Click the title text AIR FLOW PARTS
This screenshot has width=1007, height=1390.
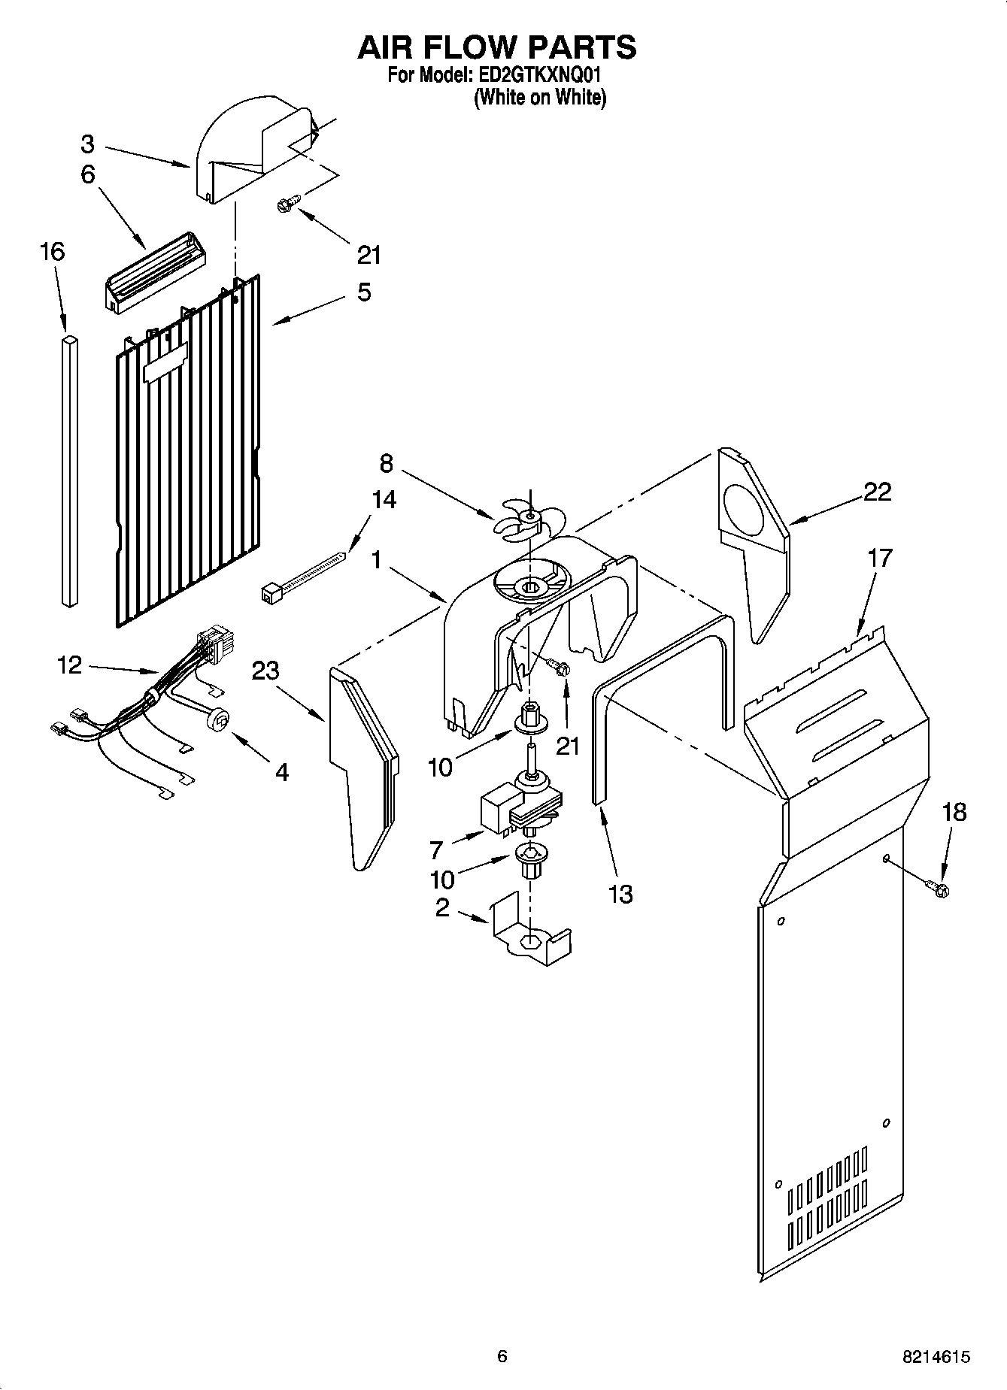[496, 47]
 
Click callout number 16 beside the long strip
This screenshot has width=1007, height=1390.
[52, 251]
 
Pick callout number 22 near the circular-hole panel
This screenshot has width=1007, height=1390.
[877, 492]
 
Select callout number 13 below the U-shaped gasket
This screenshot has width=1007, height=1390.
[620, 894]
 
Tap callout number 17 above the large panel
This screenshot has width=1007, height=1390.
[879, 558]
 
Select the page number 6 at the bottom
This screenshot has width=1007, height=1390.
[502, 1356]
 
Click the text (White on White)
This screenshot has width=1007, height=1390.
[539, 98]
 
